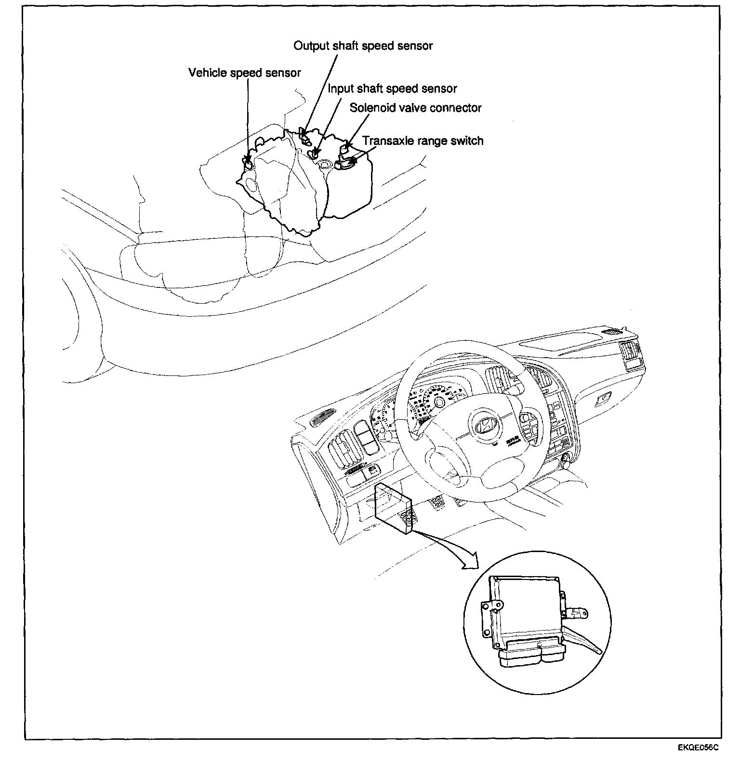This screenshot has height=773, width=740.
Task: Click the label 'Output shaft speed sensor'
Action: click(363, 46)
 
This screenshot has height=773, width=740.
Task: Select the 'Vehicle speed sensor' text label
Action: click(244, 73)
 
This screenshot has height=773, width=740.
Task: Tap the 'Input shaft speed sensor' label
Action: click(392, 89)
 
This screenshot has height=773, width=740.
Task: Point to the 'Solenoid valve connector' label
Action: click(415, 108)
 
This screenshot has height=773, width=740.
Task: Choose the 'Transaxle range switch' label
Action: click(423, 141)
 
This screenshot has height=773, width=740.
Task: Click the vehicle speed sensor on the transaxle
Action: click(248, 164)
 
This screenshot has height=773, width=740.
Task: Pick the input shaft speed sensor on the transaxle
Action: click(316, 153)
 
